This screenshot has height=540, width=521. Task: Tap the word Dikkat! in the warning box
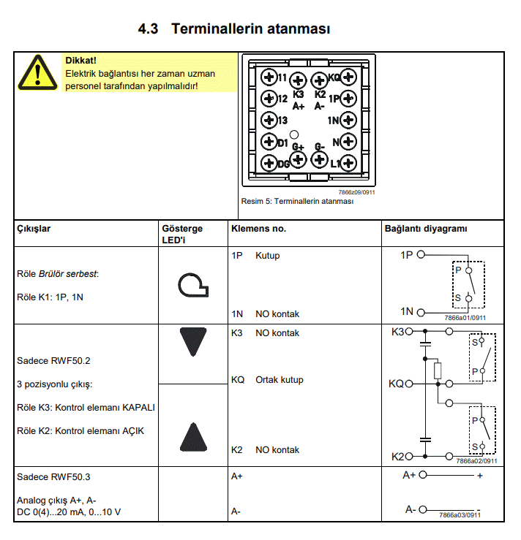[x=80, y=61]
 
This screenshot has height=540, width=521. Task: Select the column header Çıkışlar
[x=34, y=229]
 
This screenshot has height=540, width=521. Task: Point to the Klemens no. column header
[x=258, y=229]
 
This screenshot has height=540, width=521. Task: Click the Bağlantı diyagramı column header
[x=425, y=229]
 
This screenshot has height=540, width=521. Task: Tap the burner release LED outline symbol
[x=193, y=285]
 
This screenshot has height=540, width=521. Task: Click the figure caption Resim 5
[x=297, y=201]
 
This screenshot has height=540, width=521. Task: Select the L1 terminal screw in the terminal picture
[x=348, y=163]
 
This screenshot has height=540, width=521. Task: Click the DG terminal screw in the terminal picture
[x=269, y=163]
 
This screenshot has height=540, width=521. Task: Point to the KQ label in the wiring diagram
[x=396, y=384]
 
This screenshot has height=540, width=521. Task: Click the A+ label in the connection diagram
[x=410, y=475]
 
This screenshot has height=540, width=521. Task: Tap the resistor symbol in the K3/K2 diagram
[x=438, y=370]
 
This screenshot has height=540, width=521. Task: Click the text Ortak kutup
[x=279, y=380]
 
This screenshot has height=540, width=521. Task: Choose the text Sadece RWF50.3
[x=53, y=477]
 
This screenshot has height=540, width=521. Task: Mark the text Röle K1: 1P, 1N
[x=50, y=297]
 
